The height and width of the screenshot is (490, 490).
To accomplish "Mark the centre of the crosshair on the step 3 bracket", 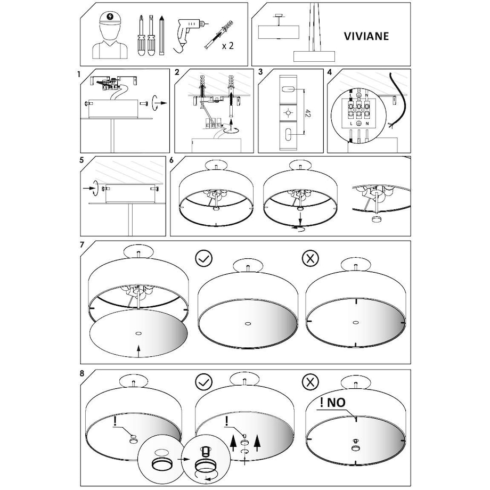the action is pyautogui.click(x=288, y=112).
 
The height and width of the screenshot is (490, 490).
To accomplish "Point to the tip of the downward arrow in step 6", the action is pyautogui.click(x=300, y=225).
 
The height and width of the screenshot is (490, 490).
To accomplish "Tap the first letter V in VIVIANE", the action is pyautogui.click(x=348, y=36).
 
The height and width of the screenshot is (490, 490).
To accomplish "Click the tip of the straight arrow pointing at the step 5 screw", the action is pyautogui.click(x=94, y=188).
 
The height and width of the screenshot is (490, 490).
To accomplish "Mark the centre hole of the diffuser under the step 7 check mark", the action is pyautogui.click(x=248, y=324).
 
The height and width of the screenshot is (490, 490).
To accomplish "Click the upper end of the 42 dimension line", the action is pyautogui.click(x=304, y=89).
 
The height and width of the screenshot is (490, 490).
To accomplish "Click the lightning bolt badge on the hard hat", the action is pyautogui.click(x=110, y=15).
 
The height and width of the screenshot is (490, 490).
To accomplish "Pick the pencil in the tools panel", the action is pyautogui.click(x=161, y=36).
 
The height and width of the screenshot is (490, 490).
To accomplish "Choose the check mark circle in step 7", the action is pyautogui.click(x=203, y=258).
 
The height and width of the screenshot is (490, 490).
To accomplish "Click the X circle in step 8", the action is pyautogui.click(x=311, y=381).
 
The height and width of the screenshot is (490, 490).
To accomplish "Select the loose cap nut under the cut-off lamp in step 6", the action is pyautogui.click(x=376, y=219).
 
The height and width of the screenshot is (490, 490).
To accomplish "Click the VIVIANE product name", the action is pyautogui.click(x=366, y=36).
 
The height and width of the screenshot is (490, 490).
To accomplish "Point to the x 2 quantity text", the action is pyautogui.click(x=227, y=46).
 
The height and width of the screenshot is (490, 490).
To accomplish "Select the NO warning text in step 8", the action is pyautogui.click(x=333, y=403).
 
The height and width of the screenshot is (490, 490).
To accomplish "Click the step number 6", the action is pyautogui.click(x=171, y=160).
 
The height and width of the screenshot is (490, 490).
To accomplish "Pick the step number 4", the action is pyautogui.click(x=329, y=72).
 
